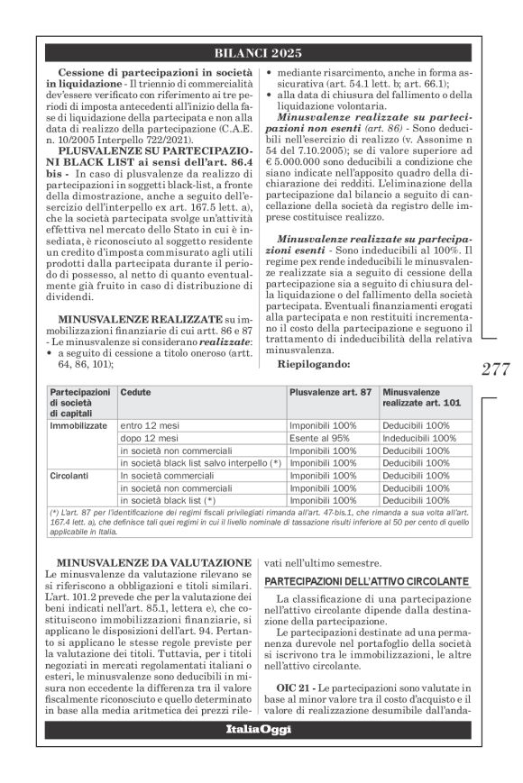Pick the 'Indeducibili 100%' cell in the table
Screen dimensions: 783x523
pos(420,437)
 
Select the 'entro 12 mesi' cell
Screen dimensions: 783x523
pos(149,424)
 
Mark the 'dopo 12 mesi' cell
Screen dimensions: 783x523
pos(148,437)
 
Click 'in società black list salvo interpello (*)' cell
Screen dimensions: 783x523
pos(200,461)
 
